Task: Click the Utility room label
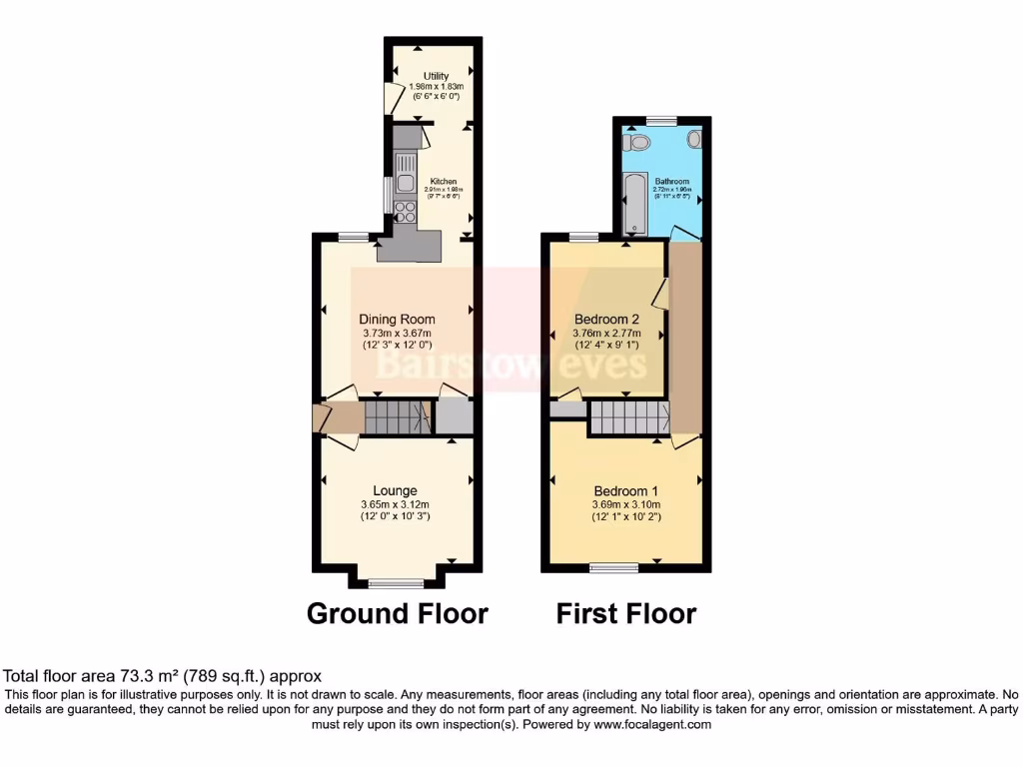436,76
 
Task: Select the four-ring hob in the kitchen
407,211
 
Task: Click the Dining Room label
397,320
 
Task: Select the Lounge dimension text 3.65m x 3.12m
397,504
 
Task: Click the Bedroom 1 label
625,491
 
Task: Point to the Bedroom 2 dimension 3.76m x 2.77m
606,334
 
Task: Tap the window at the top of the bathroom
660,121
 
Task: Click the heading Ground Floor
397,612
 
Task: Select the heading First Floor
625,612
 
